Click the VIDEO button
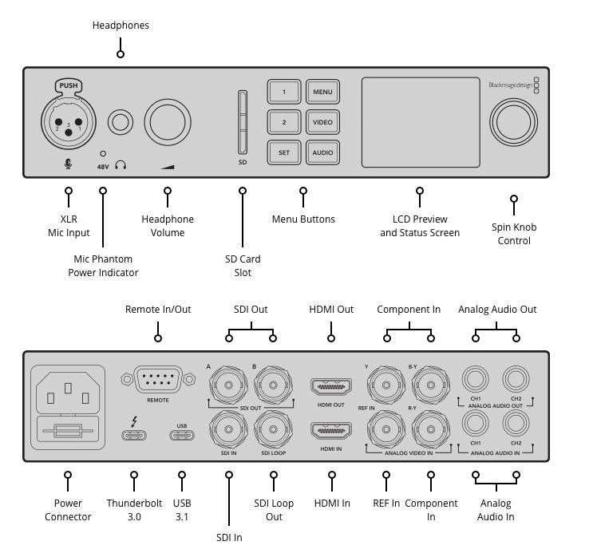(x=322, y=122)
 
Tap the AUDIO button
(x=322, y=152)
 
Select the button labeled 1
(x=283, y=92)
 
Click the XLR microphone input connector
(x=68, y=122)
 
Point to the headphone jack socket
(x=121, y=122)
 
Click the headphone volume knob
(x=168, y=122)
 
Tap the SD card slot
(x=243, y=122)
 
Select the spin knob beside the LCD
(x=513, y=122)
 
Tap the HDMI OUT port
(x=331, y=388)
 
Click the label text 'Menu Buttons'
(x=303, y=219)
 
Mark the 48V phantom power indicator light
(x=102, y=152)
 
